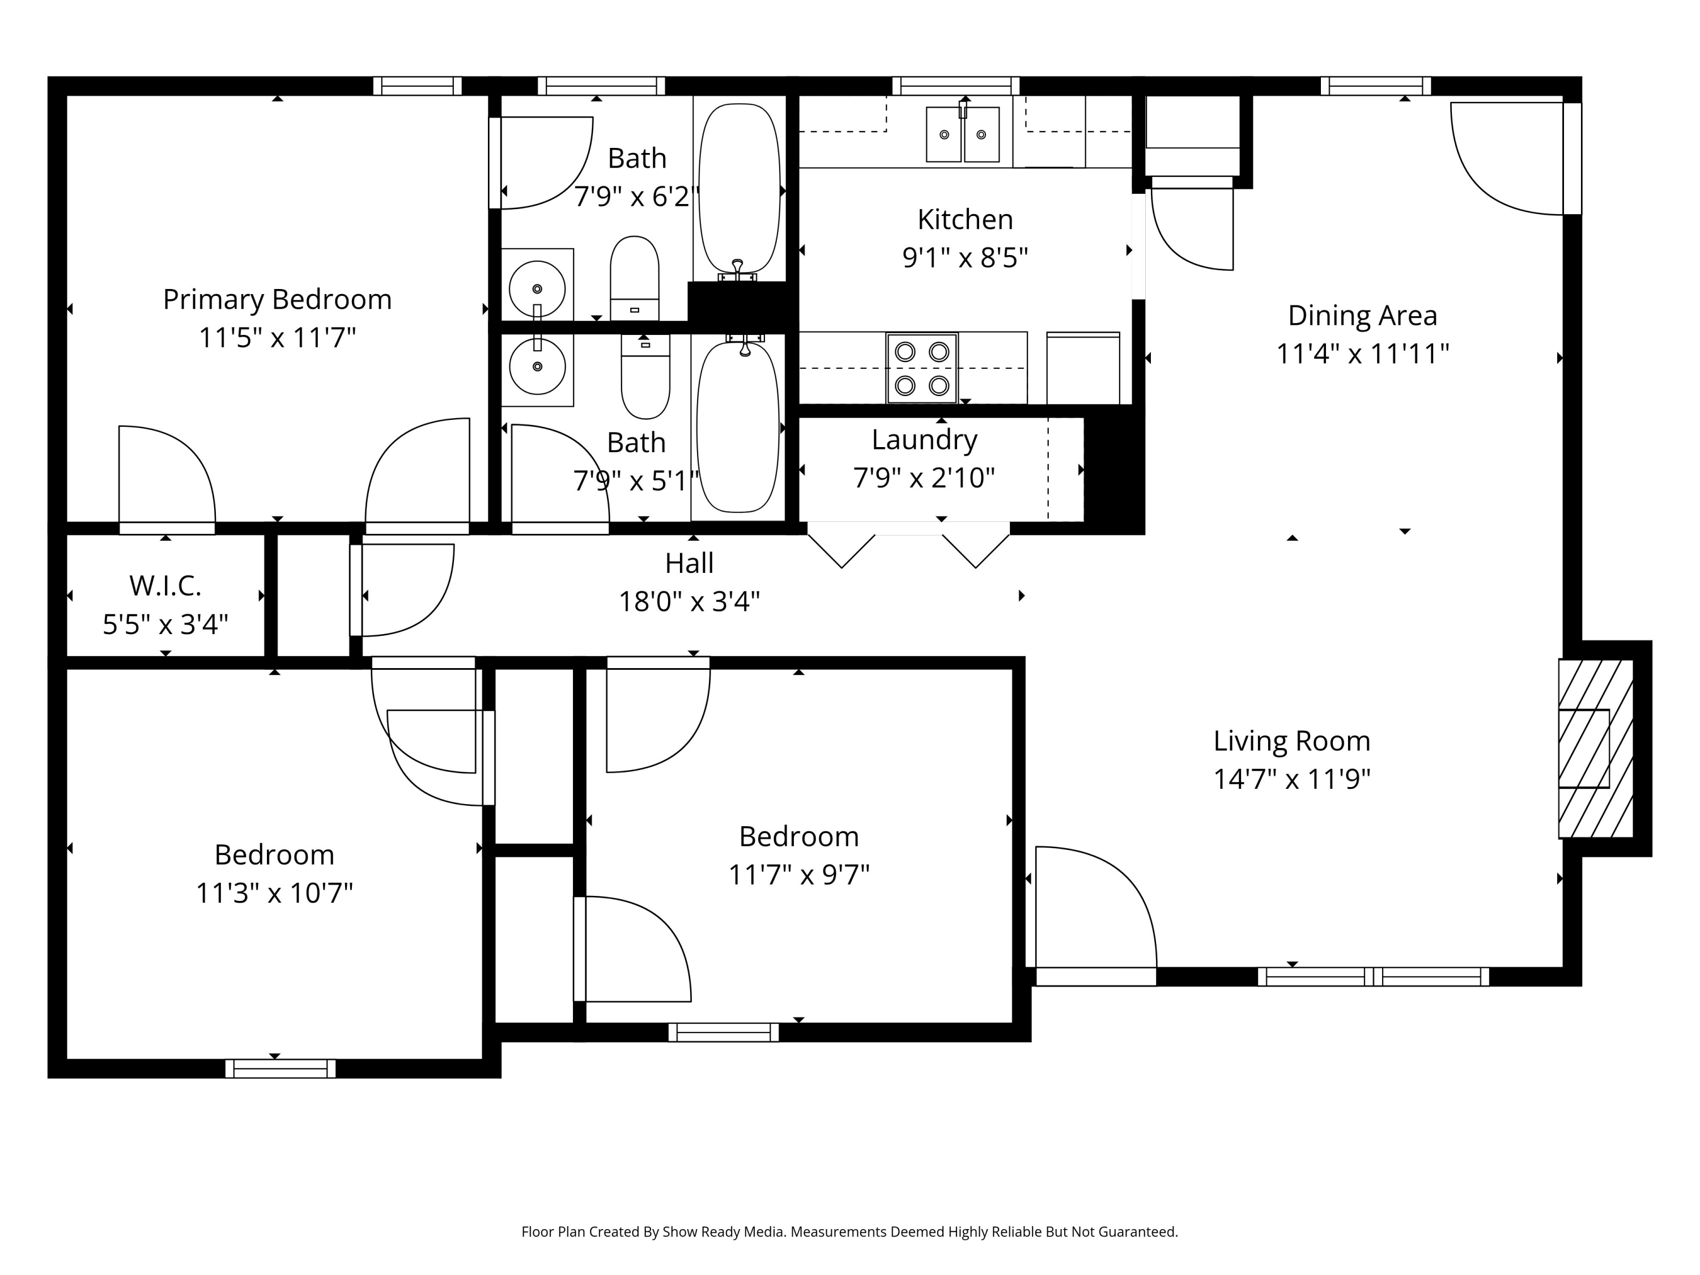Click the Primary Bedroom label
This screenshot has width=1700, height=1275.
(278, 300)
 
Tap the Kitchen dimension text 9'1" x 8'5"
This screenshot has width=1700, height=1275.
(965, 257)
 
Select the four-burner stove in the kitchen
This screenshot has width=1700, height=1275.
(922, 368)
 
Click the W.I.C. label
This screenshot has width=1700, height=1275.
(165, 585)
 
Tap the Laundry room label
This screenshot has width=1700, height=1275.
(925, 440)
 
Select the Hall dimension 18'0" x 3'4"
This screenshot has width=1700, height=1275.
(690, 601)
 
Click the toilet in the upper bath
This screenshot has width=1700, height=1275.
(635, 278)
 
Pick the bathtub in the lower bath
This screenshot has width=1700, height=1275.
(738, 427)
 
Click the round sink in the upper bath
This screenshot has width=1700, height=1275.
(537, 289)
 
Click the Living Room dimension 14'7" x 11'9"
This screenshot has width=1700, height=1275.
(1292, 779)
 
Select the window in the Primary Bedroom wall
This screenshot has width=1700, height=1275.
(417, 86)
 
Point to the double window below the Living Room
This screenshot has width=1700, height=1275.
(1374, 977)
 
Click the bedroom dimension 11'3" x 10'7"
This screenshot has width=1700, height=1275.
(274, 893)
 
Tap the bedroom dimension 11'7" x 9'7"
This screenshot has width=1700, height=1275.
(799, 874)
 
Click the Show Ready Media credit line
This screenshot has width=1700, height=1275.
(849, 1232)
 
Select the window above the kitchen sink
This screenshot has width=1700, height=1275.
(955, 86)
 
